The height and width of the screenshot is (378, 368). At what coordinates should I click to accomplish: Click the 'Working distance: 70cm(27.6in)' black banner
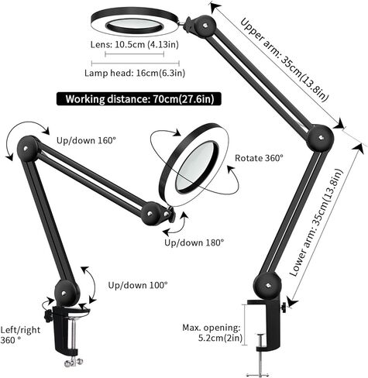click(x=139, y=99)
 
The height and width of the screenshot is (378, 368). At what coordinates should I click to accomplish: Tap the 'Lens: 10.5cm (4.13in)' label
click(x=135, y=44)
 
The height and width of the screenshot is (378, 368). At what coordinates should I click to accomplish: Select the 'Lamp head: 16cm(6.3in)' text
click(x=135, y=73)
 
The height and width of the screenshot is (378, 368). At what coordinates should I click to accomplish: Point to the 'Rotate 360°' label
click(x=259, y=158)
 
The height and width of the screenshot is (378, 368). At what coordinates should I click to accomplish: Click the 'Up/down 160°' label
click(x=86, y=140)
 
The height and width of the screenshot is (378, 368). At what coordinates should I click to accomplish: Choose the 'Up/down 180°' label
click(x=194, y=242)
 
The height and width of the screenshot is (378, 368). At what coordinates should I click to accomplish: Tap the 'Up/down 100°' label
click(x=138, y=285)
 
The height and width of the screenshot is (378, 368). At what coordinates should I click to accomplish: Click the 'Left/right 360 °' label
click(x=20, y=335)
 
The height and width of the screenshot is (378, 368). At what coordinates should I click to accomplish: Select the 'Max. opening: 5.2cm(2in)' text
click(x=212, y=333)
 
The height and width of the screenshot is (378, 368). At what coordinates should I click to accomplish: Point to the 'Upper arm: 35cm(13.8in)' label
click(x=284, y=60)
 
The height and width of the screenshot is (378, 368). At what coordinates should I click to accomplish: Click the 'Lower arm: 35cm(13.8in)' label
click(x=317, y=222)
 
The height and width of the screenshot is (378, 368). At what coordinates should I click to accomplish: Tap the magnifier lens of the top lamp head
click(x=135, y=26)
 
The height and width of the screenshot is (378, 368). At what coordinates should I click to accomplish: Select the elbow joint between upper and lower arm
click(x=320, y=138)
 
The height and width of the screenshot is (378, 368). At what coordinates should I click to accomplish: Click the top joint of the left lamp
click(x=28, y=149)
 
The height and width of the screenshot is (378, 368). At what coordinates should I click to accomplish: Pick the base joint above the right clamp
click(x=267, y=286)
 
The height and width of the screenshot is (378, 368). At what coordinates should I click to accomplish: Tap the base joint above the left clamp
click(x=66, y=293)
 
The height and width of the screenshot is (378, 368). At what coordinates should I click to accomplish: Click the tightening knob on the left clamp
click(x=48, y=316)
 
